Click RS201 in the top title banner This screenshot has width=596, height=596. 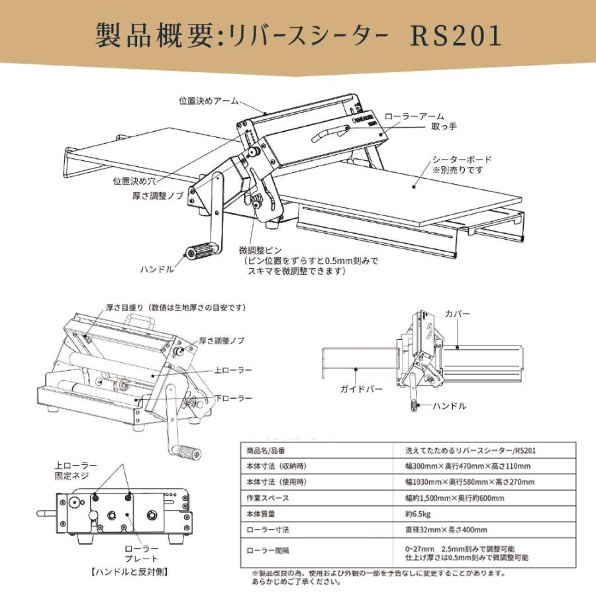(456, 37)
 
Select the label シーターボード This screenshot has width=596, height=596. (462, 160)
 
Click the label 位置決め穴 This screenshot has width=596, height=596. (134, 179)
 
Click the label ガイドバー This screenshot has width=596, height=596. (361, 389)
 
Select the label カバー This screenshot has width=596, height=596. (458, 313)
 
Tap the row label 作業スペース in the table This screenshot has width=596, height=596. (268, 498)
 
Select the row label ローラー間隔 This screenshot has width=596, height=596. (268, 550)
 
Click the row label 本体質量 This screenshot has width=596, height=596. (264, 514)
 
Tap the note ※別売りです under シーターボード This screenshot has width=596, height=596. (458, 170)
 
